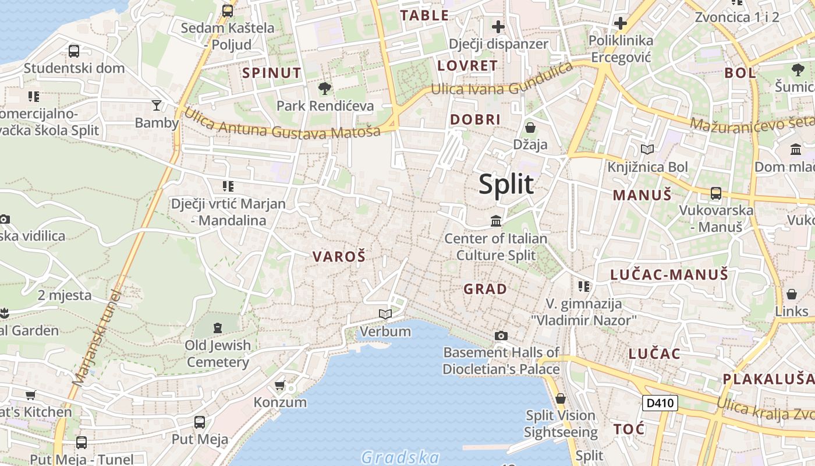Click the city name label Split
pyautogui.click(x=506, y=185)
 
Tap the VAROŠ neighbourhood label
pyautogui.click(x=339, y=256)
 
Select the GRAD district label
pyautogui.click(x=485, y=289)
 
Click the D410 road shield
pyautogui.click(x=660, y=403)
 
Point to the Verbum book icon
pyautogui.click(x=385, y=315)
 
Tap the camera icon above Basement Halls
pyautogui.click(x=501, y=336)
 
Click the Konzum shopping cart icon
pyautogui.click(x=279, y=385)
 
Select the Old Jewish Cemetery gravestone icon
pyautogui.click(x=217, y=328)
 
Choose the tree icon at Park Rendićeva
pyautogui.click(x=325, y=89)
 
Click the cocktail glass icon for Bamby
pyautogui.click(x=156, y=105)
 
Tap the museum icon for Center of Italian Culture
pyautogui.click(x=496, y=221)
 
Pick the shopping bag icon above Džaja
pyautogui.click(x=530, y=127)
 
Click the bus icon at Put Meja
pyautogui.click(x=199, y=422)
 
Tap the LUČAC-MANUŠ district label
pyautogui.click(x=669, y=274)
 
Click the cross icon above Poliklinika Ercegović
pyautogui.click(x=621, y=23)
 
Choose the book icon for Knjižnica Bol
pyautogui.click(x=647, y=149)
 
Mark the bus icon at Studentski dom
pyautogui.click(x=74, y=51)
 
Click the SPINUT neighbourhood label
pyautogui.click(x=272, y=73)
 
